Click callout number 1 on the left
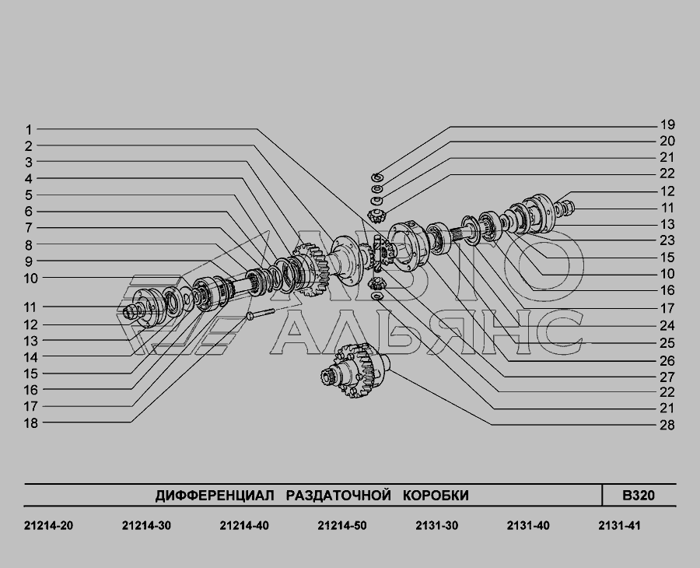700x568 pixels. point(29,130)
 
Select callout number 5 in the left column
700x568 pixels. point(29,195)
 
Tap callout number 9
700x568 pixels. point(29,261)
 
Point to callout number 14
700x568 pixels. point(31,357)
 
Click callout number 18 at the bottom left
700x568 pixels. point(31,422)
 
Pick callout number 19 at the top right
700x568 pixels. point(667,125)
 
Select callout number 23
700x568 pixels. point(667,240)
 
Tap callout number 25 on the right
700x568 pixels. point(667,343)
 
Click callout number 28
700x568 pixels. point(667,425)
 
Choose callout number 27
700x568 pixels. point(667,377)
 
